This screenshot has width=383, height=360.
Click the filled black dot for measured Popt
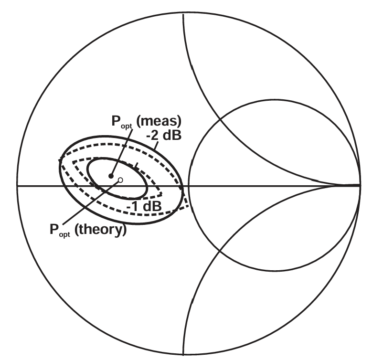coord(111,176)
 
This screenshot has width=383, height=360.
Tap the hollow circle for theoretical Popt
coord(120,180)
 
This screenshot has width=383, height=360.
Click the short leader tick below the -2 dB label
coord(137,166)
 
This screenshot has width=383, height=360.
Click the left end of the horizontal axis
coord(18,185)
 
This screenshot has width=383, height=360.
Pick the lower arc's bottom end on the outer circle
coord(183,354)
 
